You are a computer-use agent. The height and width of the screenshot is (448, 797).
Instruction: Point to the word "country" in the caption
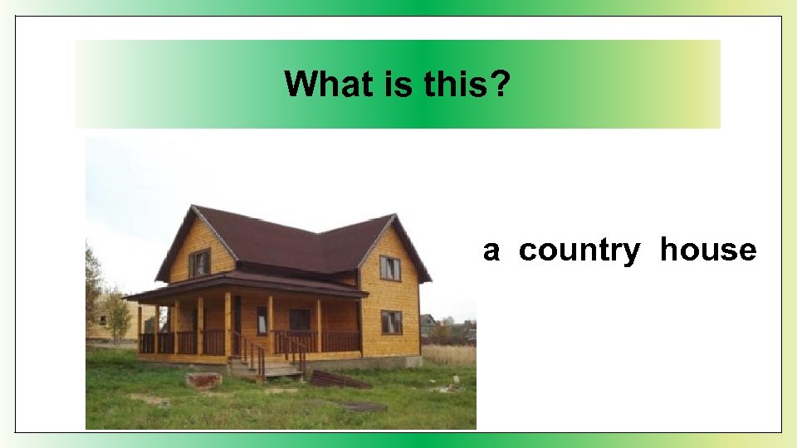coord(579,250)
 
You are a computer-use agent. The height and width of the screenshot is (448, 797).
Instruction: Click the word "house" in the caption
coord(708,250)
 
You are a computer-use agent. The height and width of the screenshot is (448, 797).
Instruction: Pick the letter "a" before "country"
coord(491,251)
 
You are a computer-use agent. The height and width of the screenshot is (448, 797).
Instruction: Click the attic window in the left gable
coord(199,263)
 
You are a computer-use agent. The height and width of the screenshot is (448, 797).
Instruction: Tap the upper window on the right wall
coord(390,268)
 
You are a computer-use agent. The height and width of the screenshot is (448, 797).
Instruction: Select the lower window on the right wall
coord(391,322)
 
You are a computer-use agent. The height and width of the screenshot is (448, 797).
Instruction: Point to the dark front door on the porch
coord(237,324)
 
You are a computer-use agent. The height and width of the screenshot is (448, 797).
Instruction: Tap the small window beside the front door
coord(262,320)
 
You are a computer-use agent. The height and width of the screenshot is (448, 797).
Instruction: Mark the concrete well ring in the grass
coord(203,380)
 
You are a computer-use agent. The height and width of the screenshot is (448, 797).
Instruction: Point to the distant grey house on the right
coord(428,324)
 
